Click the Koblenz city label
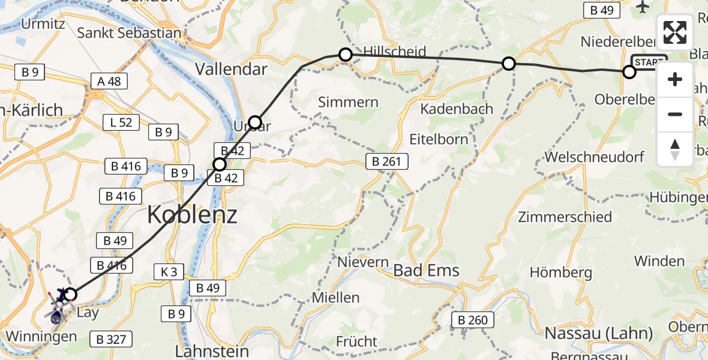coord(192,214)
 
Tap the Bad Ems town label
coord(426,270)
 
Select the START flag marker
coord(649,62)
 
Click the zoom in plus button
coord(675,80)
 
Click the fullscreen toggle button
coord(675,32)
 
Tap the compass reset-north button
coord(675,149)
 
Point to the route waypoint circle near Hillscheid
coord(346,55)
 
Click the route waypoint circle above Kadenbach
coord(508,63)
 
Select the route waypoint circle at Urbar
coord(255,122)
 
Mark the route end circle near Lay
coord(71,294)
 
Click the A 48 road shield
coord(109,81)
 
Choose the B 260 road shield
coord(472,320)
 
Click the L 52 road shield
coord(121,123)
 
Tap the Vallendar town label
coord(231,69)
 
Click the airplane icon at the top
coord(643,7)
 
